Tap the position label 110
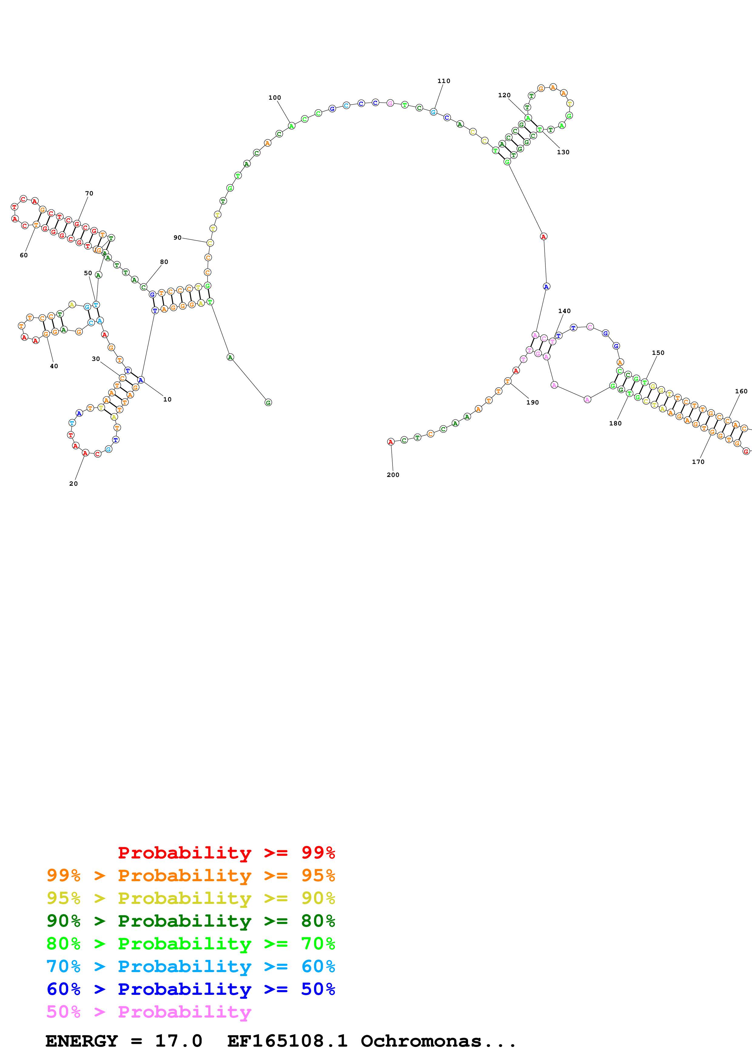(x=443, y=81)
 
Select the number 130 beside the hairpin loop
(x=563, y=152)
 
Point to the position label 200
(x=393, y=475)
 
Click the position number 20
(x=73, y=484)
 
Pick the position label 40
(x=54, y=366)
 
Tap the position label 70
(x=89, y=194)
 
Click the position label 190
(x=532, y=402)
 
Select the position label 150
(x=658, y=353)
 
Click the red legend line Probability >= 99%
(x=226, y=853)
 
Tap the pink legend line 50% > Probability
(x=148, y=1012)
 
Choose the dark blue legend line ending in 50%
(x=191, y=989)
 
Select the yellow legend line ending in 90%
(x=191, y=898)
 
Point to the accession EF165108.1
(x=287, y=1041)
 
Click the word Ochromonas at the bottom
(x=421, y=1041)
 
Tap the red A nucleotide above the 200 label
(x=391, y=442)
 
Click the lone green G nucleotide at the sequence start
(x=268, y=403)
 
